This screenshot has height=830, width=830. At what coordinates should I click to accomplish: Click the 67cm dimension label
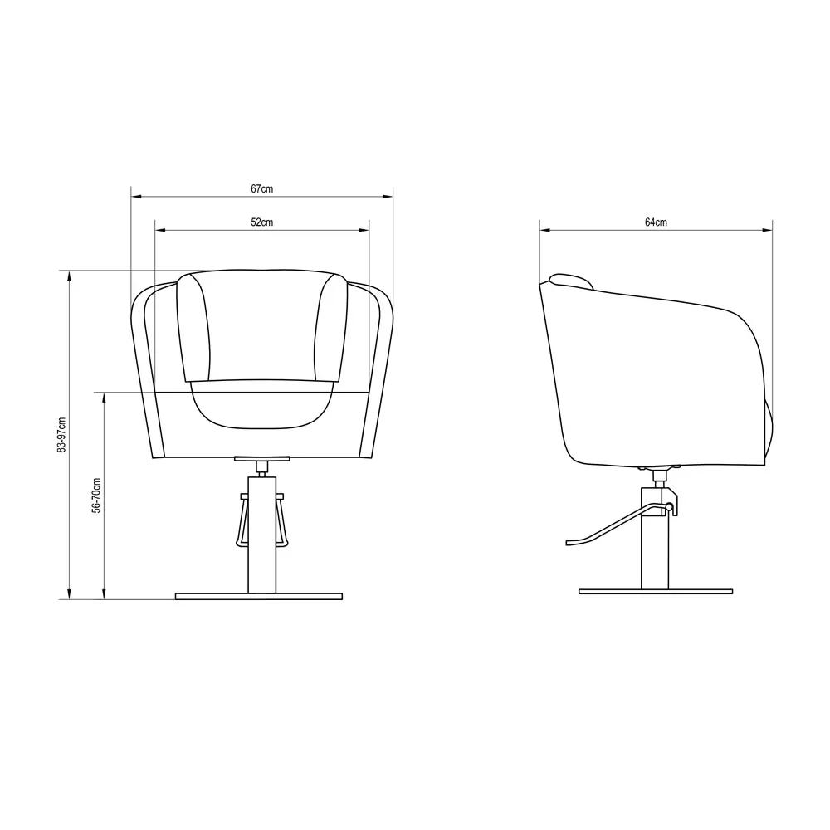tap(261, 189)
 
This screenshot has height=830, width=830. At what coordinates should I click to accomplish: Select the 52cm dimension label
tap(261, 222)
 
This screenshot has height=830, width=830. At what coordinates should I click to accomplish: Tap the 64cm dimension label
tap(656, 222)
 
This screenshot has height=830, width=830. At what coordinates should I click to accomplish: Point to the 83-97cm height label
tap(61, 434)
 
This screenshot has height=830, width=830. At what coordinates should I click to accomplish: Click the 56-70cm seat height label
tap(96, 496)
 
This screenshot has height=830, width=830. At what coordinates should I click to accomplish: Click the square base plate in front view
tap(259, 596)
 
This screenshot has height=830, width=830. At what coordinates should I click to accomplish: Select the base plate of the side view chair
tap(656, 592)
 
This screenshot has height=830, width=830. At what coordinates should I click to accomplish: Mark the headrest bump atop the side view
tap(570, 280)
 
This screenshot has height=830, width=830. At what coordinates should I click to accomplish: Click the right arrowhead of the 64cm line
tap(768, 230)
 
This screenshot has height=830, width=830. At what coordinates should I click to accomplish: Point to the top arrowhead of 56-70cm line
tap(104, 397)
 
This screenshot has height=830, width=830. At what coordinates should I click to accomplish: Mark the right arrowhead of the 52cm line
tap(364, 230)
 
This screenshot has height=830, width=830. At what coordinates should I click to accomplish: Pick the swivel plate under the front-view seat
tap(262, 457)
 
